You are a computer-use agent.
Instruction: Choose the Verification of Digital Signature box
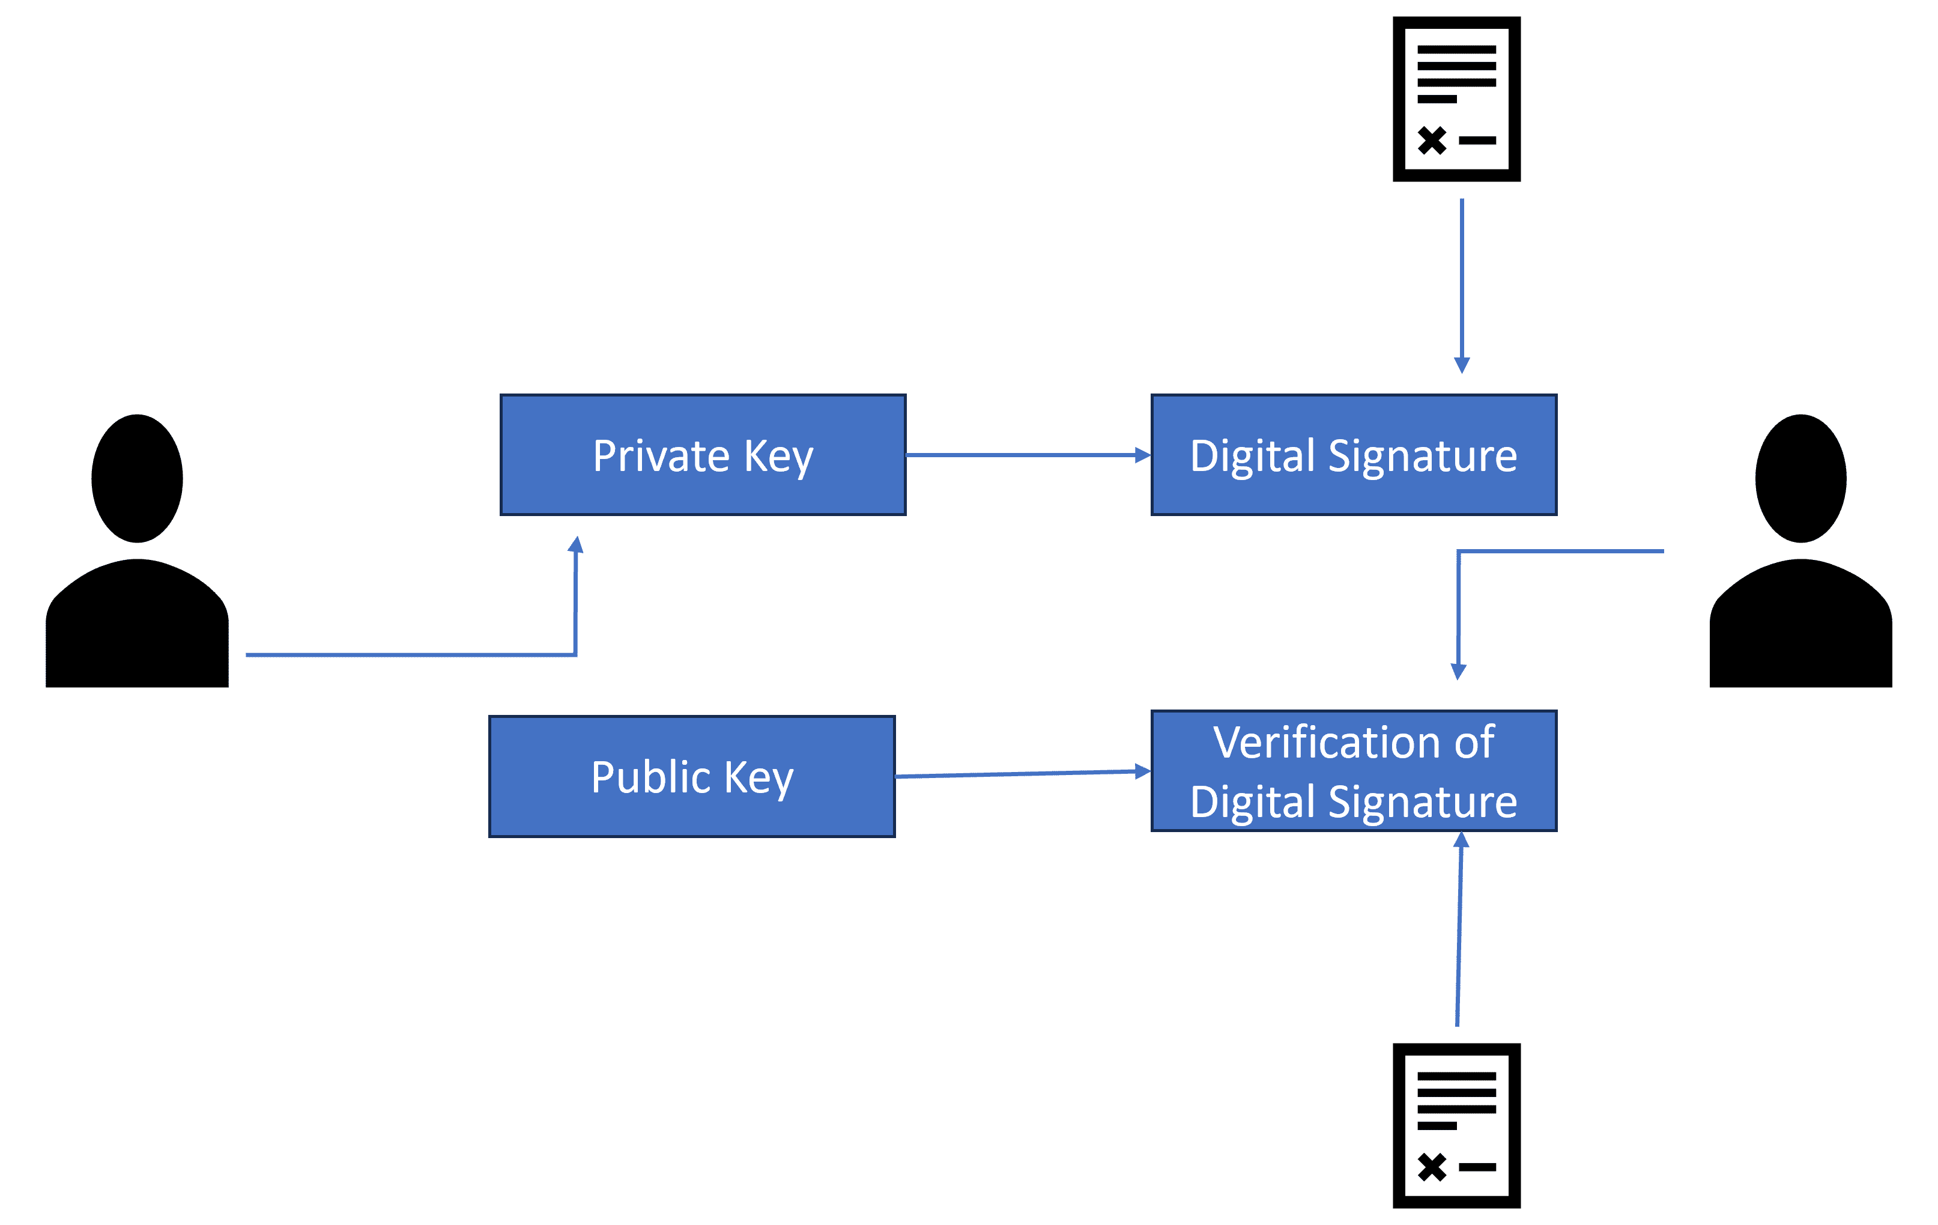point(1354,771)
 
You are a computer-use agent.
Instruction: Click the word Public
point(650,777)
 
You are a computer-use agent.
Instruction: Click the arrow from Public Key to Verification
point(1022,773)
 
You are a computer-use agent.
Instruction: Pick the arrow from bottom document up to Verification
point(1459,929)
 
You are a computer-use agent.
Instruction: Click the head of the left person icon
point(137,478)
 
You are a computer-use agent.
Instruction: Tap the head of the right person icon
point(1800,478)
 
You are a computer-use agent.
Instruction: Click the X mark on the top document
point(1432,140)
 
